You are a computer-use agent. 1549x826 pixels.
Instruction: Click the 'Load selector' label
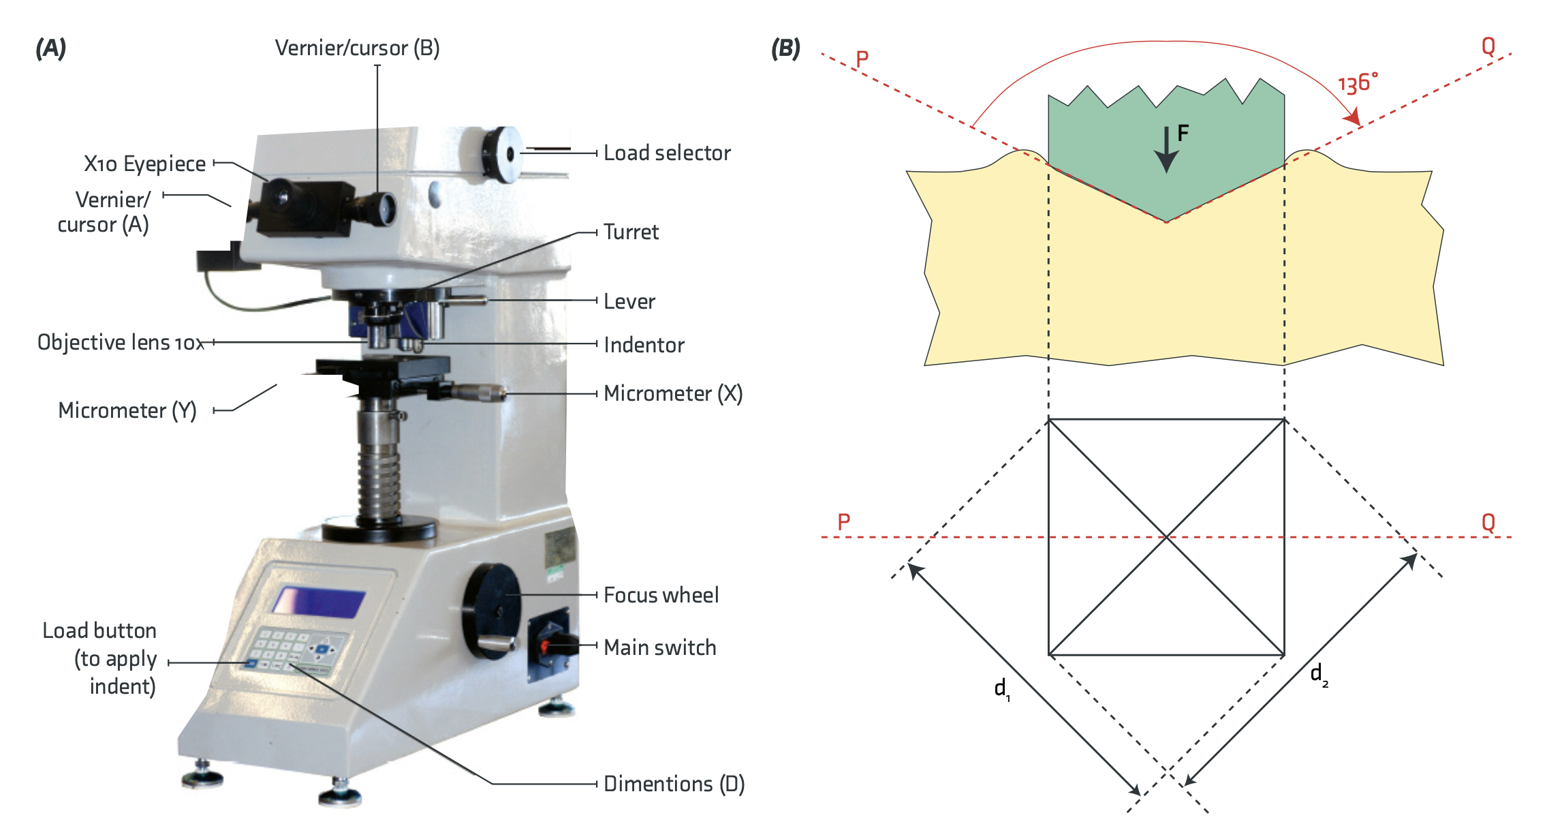coord(667,153)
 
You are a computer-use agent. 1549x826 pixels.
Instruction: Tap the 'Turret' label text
coord(631,232)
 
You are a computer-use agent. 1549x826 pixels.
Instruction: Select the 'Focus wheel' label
coord(661,595)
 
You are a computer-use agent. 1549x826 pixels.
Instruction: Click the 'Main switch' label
coord(660,647)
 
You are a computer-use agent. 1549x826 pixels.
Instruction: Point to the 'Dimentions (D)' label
coord(674,784)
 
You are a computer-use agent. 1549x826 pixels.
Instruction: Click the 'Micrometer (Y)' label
coord(127,410)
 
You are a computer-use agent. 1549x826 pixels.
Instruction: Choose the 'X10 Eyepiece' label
coord(144,164)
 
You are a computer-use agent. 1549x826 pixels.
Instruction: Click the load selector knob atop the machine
coord(501,155)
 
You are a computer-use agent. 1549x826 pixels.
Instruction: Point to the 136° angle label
coord(1357,83)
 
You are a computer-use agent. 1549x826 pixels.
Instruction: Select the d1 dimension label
coord(1002,689)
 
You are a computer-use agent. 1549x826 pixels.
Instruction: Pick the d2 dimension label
coord(1319,675)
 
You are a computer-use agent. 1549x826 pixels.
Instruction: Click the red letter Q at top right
coord(1488,46)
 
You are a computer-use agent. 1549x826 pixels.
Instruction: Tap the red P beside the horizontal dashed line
coord(844,522)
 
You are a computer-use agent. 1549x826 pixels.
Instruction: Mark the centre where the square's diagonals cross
coord(1166,537)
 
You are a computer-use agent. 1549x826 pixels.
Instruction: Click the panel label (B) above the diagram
coord(785,48)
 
